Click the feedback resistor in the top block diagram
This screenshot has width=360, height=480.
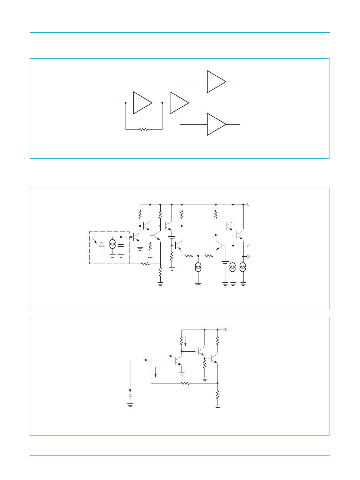point(143,130)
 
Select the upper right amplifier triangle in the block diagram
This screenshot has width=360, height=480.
point(216,82)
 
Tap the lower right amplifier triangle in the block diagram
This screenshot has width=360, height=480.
point(216,124)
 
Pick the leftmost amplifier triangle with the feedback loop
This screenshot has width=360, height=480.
point(142,103)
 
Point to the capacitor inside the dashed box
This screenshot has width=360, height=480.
point(121,245)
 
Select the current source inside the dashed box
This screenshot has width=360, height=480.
point(112,244)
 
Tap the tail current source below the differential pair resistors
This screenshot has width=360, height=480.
point(198,267)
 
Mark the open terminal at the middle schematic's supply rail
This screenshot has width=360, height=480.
point(248,205)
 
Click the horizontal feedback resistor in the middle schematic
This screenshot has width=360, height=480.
point(146,264)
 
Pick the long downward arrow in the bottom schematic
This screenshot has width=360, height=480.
point(130,377)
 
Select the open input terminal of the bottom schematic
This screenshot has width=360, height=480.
point(151,361)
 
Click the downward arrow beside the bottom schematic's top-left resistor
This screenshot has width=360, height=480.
point(185,340)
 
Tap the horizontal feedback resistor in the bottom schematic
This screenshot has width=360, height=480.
point(185,383)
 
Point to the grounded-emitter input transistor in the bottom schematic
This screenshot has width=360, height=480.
point(177,361)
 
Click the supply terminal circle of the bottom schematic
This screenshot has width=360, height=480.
point(225,329)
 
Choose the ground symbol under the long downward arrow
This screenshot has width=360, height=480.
point(130,405)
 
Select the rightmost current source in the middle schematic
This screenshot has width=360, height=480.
point(243,267)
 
